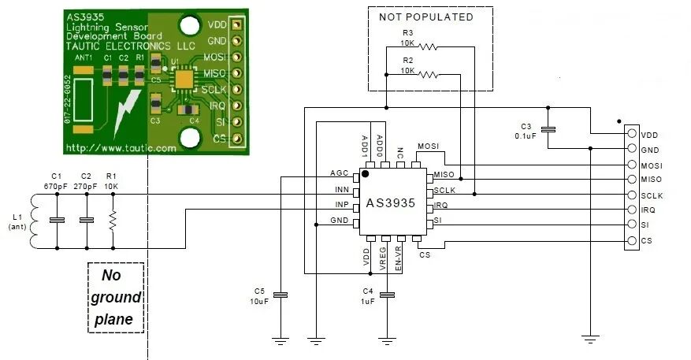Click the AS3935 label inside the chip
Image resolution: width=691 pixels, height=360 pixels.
pos(391,203)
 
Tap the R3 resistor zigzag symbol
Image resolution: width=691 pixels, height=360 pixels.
pos(427,46)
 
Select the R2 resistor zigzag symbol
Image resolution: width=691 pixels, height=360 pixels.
pos(428,75)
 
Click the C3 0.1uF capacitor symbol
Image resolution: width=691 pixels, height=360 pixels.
pos(548,129)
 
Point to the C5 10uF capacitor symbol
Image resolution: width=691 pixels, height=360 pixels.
pos(280,295)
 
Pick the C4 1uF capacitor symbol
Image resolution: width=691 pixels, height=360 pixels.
pos(387,295)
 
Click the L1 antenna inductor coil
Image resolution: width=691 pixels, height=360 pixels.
pos(34,221)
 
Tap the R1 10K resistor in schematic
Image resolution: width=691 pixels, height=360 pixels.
pos(113,221)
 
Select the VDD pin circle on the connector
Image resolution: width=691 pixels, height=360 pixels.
pos(632,133)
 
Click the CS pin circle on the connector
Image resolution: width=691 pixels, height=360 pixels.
pos(632,241)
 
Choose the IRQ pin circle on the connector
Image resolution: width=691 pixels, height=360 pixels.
pos(632,210)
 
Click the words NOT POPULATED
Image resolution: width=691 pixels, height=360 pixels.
pos(426,17)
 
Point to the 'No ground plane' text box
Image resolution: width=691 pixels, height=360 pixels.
pos(116,298)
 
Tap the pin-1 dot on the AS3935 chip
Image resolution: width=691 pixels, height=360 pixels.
pos(366,173)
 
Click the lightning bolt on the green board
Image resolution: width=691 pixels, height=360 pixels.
pos(127,113)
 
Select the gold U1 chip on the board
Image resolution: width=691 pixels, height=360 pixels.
pos(184,80)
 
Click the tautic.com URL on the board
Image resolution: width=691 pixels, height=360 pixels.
pos(121,148)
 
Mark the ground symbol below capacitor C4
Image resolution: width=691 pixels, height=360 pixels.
pos(387,340)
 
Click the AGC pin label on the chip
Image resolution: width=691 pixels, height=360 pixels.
pos(340,173)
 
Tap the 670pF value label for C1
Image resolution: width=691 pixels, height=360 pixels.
pos(55,187)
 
